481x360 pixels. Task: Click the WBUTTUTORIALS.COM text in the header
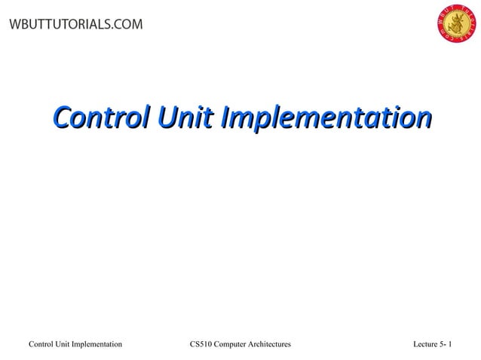click(75, 25)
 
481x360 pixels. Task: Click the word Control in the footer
click(41, 344)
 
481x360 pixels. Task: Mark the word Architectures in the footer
click(272, 344)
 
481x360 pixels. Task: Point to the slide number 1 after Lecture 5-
click(450, 344)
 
